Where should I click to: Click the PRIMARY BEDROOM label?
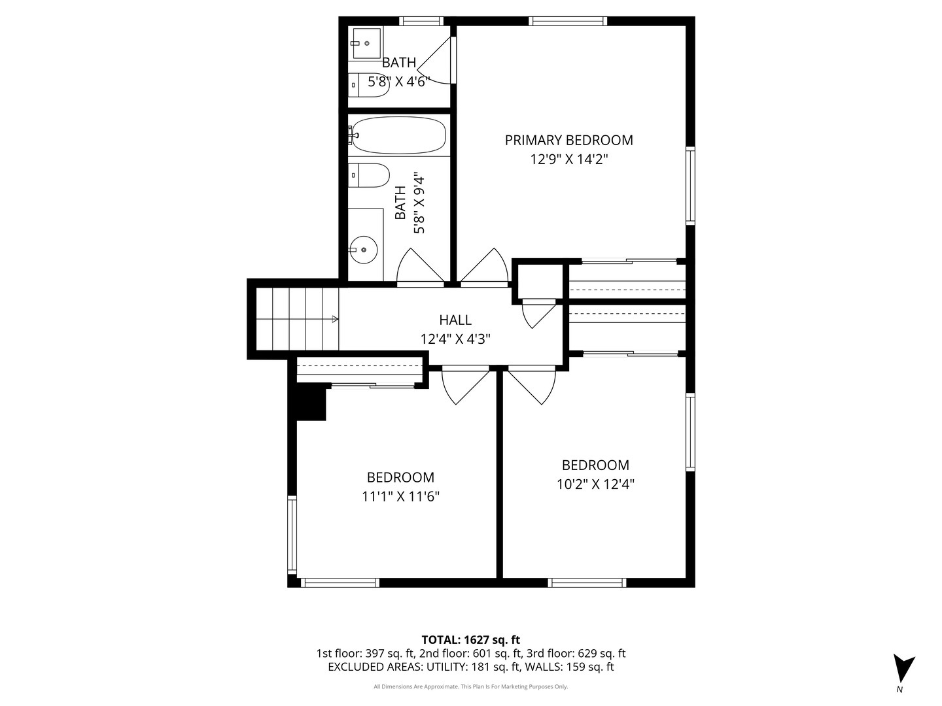(568, 140)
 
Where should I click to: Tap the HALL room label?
(455, 320)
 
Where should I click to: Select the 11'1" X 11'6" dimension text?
(400, 497)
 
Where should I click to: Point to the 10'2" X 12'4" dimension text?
(595, 484)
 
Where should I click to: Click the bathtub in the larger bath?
(397, 135)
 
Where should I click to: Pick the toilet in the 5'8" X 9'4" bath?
(370, 175)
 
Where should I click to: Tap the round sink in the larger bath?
(363, 249)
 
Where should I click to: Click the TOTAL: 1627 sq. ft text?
(470, 639)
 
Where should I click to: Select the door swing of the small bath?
(437, 63)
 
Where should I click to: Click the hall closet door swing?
(538, 315)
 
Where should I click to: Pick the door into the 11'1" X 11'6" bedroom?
(465, 386)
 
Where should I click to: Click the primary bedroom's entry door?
(485, 268)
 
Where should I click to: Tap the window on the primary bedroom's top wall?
(567, 21)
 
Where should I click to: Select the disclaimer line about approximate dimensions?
(470, 686)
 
